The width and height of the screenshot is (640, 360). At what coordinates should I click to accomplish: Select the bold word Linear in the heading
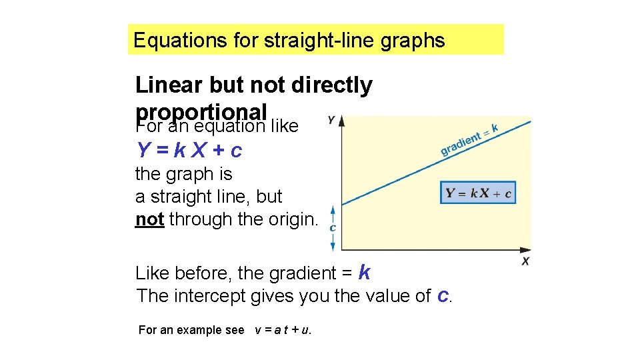(x=169, y=85)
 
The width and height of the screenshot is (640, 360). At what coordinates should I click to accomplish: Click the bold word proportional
(x=201, y=111)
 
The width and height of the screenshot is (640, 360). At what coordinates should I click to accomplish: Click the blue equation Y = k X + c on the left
(x=189, y=151)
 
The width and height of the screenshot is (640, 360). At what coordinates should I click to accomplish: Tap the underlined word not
(x=149, y=219)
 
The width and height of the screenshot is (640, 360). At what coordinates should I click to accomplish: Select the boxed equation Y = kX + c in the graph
(x=479, y=194)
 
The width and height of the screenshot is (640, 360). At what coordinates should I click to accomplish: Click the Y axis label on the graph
(x=331, y=121)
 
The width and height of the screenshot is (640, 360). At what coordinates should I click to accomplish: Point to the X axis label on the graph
(x=525, y=262)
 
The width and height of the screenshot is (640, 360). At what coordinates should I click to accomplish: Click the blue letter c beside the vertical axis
(x=333, y=227)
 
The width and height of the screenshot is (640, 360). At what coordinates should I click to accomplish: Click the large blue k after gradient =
(x=364, y=272)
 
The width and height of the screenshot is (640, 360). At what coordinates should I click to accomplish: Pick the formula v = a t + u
(x=283, y=330)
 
